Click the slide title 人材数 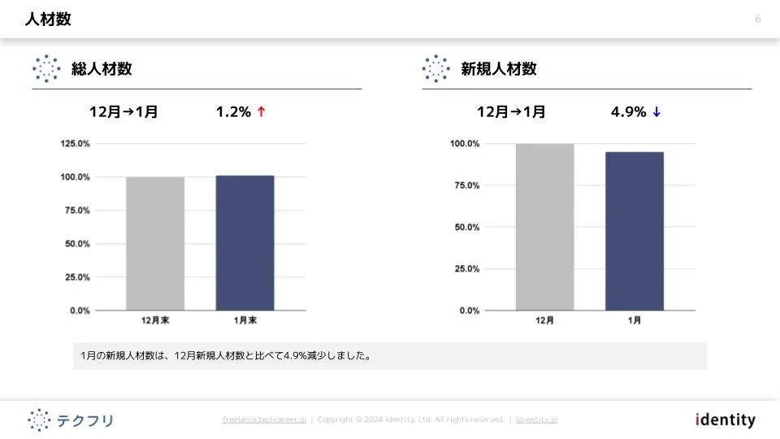click(x=48, y=20)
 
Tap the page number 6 click(x=758, y=20)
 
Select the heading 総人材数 click(x=102, y=69)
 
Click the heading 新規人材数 click(x=499, y=69)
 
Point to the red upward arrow click(x=261, y=112)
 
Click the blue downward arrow click(x=656, y=112)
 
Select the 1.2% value click(x=233, y=112)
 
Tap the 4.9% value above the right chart click(x=628, y=112)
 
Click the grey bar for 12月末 click(x=155, y=243)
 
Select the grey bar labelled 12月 click(x=544, y=227)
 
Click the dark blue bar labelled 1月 click(x=634, y=231)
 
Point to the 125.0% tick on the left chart click(x=75, y=144)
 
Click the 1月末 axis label click(x=245, y=320)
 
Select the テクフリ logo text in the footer click(x=85, y=420)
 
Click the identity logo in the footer click(x=726, y=420)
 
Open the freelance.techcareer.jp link click(x=264, y=419)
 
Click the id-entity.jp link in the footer click(x=536, y=419)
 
